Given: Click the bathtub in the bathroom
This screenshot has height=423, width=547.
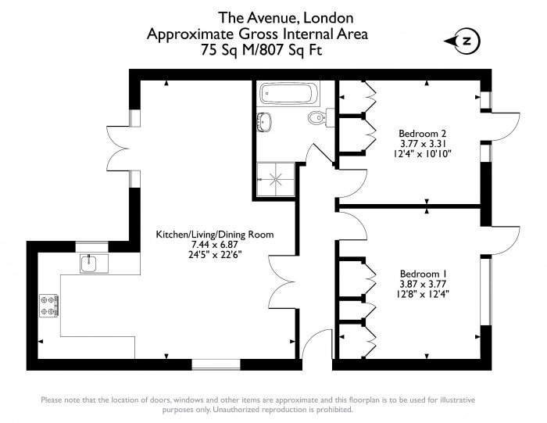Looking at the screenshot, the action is pyautogui.click(x=290, y=93).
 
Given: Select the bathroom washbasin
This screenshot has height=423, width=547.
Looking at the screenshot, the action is pyautogui.click(x=264, y=121).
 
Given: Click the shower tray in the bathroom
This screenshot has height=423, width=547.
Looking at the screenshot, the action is pyautogui.click(x=276, y=179).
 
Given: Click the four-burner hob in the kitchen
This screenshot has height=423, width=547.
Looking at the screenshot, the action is pyautogui.click(x=48, y=306).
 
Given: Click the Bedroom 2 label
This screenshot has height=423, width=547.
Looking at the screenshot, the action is pyautogui.click(x=422, y=134).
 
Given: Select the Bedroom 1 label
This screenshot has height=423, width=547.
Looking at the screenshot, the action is pyautogui.click(x=423, y=274).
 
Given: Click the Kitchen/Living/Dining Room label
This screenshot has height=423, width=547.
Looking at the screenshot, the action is pyautogui.click(x=215, y=235).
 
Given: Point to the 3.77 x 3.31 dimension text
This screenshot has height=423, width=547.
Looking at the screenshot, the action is pyautogui.click(x=423, y=143).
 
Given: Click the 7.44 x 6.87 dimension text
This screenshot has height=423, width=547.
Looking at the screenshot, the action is pyautogui.click(x=215, y=245).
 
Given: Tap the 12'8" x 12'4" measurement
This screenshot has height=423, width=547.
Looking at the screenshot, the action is pyautogui.click(x=423, y=294).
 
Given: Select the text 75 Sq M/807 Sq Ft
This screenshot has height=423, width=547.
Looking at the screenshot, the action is pyautogui.click(x=261, y=50).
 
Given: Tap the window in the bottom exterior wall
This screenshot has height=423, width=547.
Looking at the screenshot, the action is pyautogui.click(x=216, y=364).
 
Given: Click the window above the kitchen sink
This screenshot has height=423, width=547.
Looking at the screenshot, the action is pyautogui.click(x=92, y=247).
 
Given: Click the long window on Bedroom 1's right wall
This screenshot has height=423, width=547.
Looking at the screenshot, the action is pyautogui.click(x=486, y=292).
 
